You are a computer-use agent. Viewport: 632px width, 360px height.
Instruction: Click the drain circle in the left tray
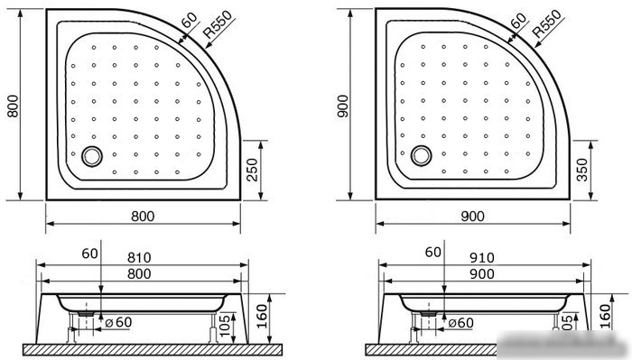tap(92, 156)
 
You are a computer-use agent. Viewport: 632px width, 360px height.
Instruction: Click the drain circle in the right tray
tap(422, 156)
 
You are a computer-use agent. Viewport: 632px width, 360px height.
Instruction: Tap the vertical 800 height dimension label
tap(13, 106)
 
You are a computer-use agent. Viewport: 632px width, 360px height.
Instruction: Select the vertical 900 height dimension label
tap(342, 106)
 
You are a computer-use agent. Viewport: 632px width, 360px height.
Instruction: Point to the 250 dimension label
tap(252, 170)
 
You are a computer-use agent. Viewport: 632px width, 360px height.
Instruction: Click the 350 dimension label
tap(582, 170)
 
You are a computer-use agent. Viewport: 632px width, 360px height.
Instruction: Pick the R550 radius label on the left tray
tap(218, 24)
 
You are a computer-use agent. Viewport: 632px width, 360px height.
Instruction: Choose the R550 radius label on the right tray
tap(547, 23)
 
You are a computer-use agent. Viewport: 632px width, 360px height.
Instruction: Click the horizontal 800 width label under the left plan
tap(143, 217)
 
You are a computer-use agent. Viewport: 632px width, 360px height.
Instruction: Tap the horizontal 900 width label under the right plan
tap(472, 217)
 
